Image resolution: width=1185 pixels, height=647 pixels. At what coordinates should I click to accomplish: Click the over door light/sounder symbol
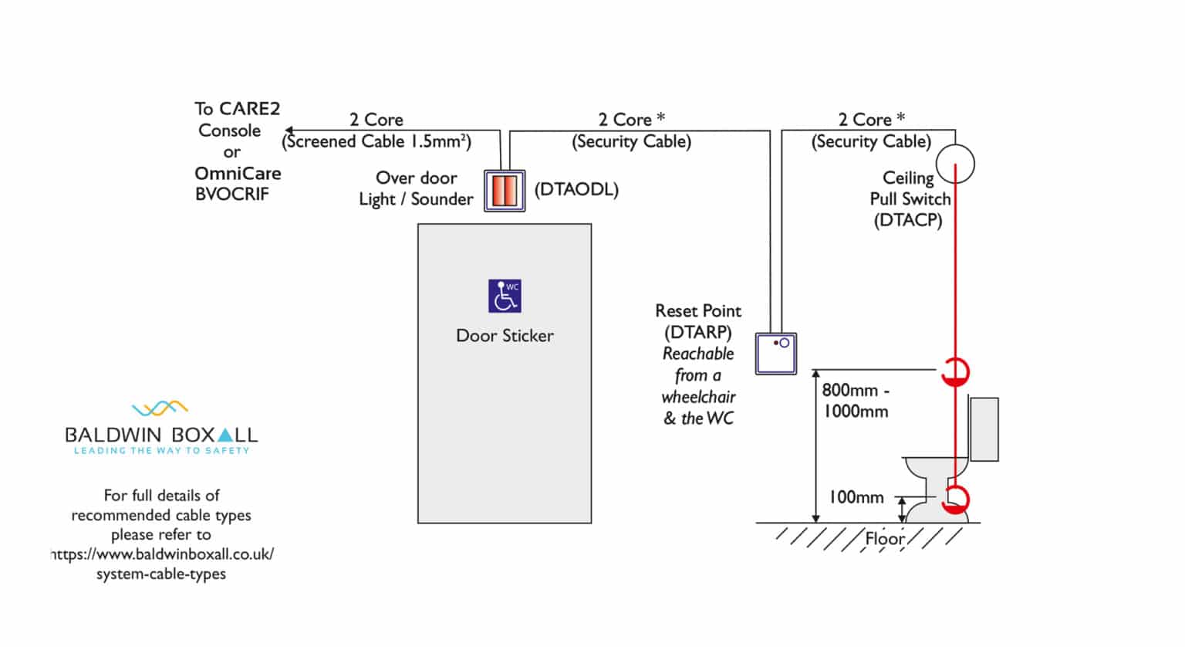click(505, 191)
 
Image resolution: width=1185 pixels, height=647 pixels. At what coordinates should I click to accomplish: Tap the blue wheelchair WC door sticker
click(505, 296)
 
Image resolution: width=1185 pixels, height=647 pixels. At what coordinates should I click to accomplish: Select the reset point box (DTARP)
click(775, 354)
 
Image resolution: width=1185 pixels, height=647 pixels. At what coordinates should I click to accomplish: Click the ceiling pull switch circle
click(955, 164)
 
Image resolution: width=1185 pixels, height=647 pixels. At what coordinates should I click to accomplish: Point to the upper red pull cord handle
click(955, 372)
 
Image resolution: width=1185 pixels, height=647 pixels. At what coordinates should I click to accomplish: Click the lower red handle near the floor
click(955, 500)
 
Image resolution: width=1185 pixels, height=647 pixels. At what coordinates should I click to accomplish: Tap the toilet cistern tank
click(984, 429)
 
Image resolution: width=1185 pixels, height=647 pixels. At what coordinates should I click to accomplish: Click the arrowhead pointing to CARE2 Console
click(289, 130)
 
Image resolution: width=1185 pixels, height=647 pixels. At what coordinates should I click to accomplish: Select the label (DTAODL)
click(576, 189)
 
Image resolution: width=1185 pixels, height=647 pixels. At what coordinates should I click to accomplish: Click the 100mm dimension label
click(856, 498)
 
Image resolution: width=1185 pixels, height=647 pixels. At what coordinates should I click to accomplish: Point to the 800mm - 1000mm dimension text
click(855, 401)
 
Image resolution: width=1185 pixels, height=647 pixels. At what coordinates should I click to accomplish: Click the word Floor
click(884, 538)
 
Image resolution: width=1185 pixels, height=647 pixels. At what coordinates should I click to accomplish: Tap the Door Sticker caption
click(505, 336)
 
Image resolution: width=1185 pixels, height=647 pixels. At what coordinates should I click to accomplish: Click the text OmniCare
click(238, 174)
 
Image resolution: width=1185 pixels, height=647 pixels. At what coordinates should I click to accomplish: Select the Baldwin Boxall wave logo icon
click(160, 408)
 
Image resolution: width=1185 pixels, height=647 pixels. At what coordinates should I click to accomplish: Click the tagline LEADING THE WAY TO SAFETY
click(161, 451)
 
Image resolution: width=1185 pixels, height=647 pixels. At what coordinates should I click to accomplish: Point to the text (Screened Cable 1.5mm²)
click(376, 142)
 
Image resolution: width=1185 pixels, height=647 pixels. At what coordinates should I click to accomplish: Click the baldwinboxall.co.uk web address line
click(162, 554)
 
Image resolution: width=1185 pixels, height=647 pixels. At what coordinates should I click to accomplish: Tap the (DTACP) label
click(908, 221)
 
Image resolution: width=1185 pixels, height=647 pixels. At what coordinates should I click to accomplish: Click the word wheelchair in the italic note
click(698, 397)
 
